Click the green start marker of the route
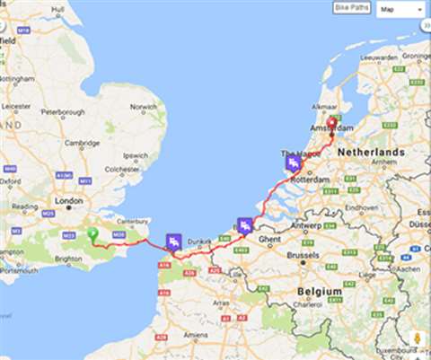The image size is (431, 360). click(92, 233)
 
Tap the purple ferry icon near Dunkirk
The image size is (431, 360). click(173, 241)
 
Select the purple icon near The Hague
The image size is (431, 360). click(293, 163)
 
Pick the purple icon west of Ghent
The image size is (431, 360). click(244, 225)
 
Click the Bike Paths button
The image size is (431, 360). click(351, 8)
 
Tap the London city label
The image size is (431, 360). click(68, 200)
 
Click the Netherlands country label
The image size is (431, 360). click(371, 153)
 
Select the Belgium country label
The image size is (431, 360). click(321, 292)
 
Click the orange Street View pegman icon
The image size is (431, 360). click(417, 338)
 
